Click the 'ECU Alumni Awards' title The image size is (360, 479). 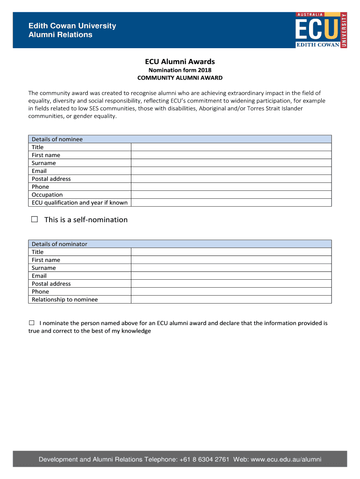(180, 61)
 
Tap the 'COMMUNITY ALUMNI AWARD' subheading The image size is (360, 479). (180, 78)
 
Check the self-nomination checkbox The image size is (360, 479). (34, 219)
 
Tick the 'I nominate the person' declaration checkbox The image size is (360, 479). (32, 323)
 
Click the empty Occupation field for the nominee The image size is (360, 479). (231, 195)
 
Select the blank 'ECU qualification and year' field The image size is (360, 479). (231, 203)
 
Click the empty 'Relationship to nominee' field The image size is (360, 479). (231, 299)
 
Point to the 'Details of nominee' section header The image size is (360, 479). (57, 139)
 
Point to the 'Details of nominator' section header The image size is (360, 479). (59, 244)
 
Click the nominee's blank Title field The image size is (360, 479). (231, 147)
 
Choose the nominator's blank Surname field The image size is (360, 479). (231, 268)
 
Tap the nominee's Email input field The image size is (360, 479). (231, 171)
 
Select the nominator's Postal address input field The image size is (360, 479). (231, 283)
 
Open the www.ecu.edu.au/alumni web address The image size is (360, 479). (286, 459)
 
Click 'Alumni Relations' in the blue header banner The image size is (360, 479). (61, 35)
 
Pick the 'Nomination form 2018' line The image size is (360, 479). (180, 70)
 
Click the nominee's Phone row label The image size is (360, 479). (40, 187)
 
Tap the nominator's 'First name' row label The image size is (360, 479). (46, 260)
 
